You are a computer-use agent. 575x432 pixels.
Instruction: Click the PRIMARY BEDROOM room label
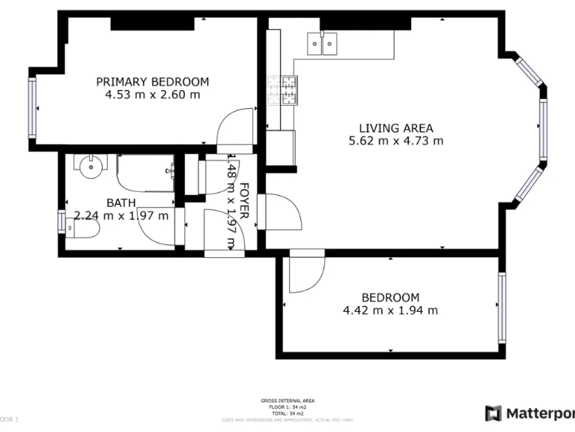152,82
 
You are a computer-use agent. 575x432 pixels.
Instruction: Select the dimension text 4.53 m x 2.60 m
153,94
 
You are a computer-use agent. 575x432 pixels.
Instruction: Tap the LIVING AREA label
395,128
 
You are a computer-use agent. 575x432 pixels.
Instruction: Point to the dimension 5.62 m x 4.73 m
395,141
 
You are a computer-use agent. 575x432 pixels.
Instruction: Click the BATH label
121,202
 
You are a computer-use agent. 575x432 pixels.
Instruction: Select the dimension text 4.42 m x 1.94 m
390,310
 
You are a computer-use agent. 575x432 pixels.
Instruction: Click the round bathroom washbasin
89,166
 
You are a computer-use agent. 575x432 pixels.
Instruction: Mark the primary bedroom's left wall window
32,108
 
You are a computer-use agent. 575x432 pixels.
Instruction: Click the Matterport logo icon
493,413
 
